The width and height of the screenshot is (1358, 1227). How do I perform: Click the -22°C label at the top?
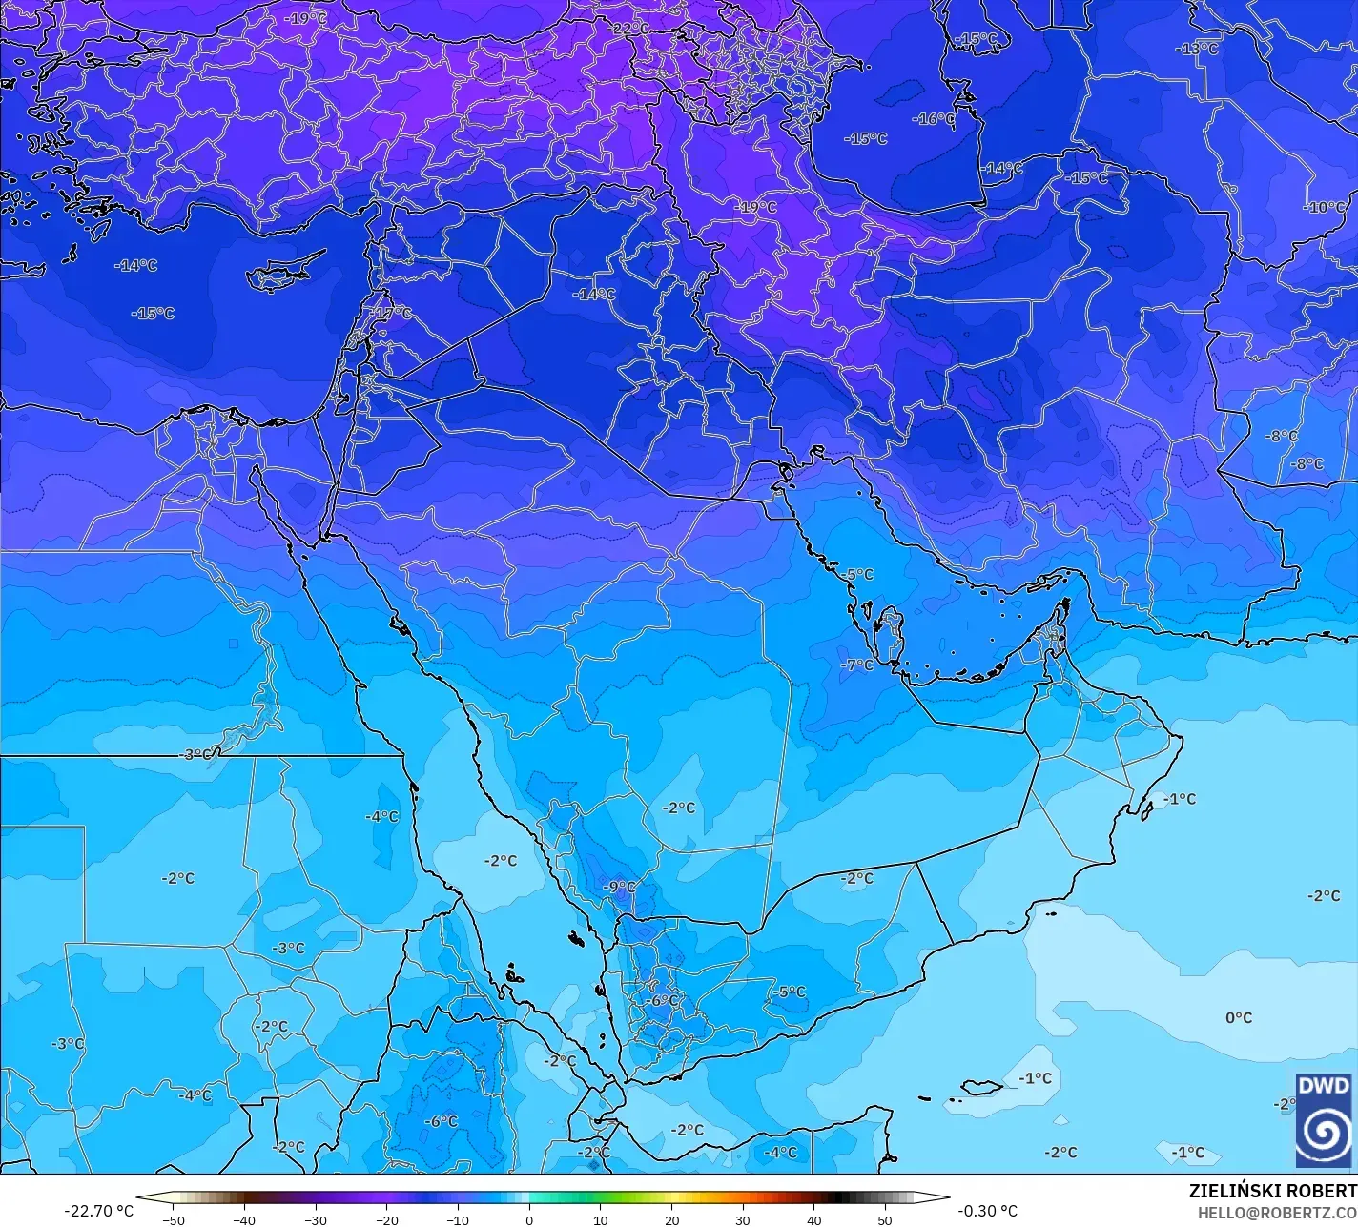(629, 29)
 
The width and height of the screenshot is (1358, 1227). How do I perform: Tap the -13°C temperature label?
(1197, 49)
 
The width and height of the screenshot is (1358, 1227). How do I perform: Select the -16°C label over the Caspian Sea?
(934, 119)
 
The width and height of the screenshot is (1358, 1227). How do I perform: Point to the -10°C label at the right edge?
(1326, 207)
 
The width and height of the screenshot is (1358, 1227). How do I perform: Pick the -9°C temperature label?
(619, 887)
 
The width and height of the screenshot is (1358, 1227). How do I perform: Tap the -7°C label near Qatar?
(856, 665)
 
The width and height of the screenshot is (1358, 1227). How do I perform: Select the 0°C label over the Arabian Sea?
(1239, 1018)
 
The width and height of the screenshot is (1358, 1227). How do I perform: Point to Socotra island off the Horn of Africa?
(981, 1087)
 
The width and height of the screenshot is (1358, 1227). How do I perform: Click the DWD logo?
(1324, 1120)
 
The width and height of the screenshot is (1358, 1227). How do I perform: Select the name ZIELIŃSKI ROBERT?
(1272, 1191)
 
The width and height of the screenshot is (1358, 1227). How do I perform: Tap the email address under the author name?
(1277, 1213)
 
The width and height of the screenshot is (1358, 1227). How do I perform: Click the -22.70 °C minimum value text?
(98, 1211)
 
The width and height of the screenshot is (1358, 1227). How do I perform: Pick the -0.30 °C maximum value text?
(988, 1211)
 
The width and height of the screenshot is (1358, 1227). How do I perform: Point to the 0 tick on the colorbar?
(529, 1219)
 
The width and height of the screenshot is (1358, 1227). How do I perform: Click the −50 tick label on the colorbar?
(173, 1219)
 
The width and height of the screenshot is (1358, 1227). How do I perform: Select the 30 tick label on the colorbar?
(743, 1219)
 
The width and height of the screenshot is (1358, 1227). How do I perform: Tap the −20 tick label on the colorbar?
(386, 1219)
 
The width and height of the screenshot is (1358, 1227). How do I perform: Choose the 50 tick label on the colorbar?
(885, 1219)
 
